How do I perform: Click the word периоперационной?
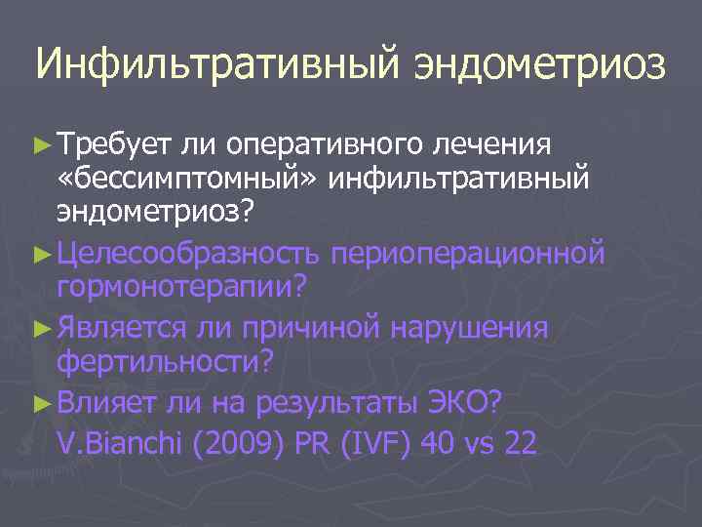(x=468, y=254)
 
